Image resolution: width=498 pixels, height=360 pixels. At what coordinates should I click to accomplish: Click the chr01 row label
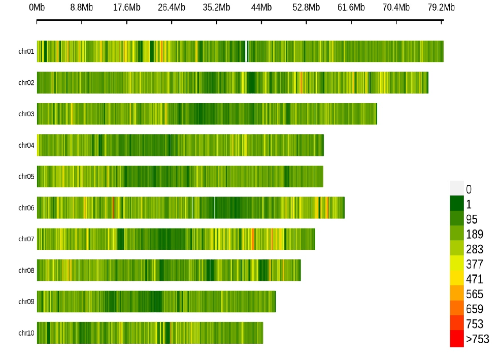26,51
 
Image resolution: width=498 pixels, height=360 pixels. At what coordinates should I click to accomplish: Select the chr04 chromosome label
26,145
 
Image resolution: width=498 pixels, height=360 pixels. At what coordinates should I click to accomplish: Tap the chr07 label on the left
26,239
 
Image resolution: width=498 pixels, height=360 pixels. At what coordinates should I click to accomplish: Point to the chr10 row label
26,333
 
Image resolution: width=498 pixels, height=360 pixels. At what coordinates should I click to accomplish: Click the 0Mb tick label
37,7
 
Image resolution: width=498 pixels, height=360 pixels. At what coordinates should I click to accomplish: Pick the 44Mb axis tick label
261,7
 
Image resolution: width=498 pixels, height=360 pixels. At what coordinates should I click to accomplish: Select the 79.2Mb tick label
441,7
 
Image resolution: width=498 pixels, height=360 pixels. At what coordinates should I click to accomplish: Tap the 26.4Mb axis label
172,7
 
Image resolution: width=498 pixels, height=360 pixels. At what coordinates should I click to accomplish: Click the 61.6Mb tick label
351,7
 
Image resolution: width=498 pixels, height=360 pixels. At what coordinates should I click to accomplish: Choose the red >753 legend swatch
457,339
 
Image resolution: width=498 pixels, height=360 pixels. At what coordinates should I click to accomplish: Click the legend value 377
474,265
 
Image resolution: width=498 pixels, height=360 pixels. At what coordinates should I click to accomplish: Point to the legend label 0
469,190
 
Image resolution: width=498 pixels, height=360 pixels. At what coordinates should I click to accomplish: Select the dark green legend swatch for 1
457,203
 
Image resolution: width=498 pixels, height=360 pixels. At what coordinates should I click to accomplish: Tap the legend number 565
474,294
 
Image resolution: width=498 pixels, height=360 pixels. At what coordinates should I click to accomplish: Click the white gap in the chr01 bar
246,51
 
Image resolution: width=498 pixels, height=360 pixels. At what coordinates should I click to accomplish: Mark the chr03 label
26,114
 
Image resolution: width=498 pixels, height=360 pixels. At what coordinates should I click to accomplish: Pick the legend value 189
474,235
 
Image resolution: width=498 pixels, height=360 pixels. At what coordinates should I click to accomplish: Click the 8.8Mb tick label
81,7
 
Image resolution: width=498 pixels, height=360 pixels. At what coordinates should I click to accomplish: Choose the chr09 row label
26,302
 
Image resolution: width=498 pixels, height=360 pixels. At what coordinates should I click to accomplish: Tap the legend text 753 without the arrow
474,324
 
